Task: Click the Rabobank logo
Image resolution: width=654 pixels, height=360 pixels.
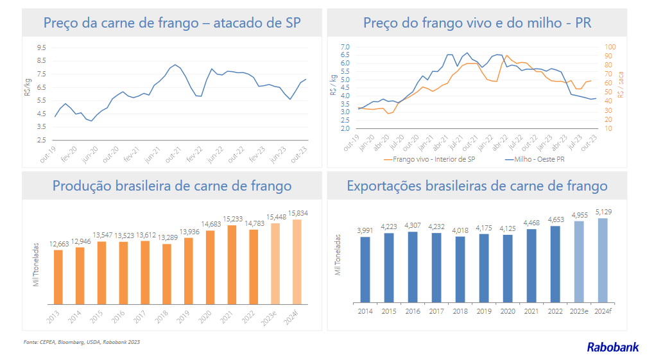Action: coord(612,347)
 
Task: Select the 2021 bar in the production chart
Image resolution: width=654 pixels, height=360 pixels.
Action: coord(232,264)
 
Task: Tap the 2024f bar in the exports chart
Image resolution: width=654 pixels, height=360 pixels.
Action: coord(602,260)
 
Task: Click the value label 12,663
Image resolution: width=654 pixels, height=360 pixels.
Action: coord(58,244)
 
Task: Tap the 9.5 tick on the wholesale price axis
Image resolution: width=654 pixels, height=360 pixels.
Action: coord(41,47)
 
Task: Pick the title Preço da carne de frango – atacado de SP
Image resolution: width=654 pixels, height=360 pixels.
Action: coord(171,24)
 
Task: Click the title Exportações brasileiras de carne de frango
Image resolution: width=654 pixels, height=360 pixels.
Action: coord(477,186)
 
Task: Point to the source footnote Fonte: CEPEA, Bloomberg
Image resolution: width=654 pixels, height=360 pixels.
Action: coord(82,342)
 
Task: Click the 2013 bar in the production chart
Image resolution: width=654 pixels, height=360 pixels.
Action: coord(58,277)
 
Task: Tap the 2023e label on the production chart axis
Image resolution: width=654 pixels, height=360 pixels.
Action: coord(272,316)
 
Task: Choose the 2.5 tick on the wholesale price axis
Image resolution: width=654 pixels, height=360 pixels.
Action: coord(41,140)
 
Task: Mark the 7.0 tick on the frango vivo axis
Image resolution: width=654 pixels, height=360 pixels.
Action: coord(344,47)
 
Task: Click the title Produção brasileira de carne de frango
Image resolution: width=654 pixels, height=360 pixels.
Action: coord(171,186)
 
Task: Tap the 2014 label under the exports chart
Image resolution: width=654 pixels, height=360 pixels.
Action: coord(365,311)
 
